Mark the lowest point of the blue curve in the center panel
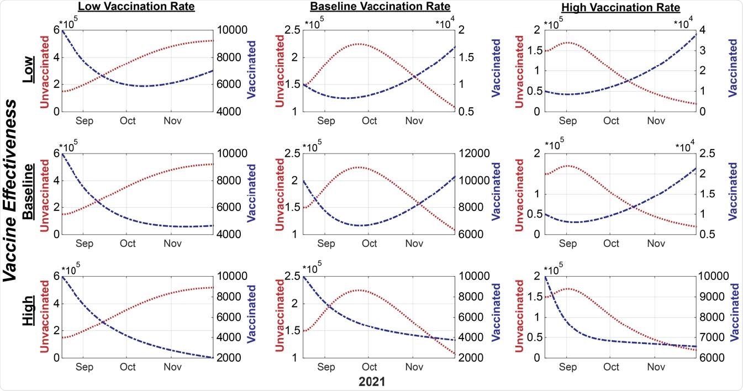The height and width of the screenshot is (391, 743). coord(359,225)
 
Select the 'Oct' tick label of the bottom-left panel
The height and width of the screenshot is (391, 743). coord(128,367)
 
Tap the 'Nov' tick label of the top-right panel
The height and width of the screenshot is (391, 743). coord(656,121)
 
